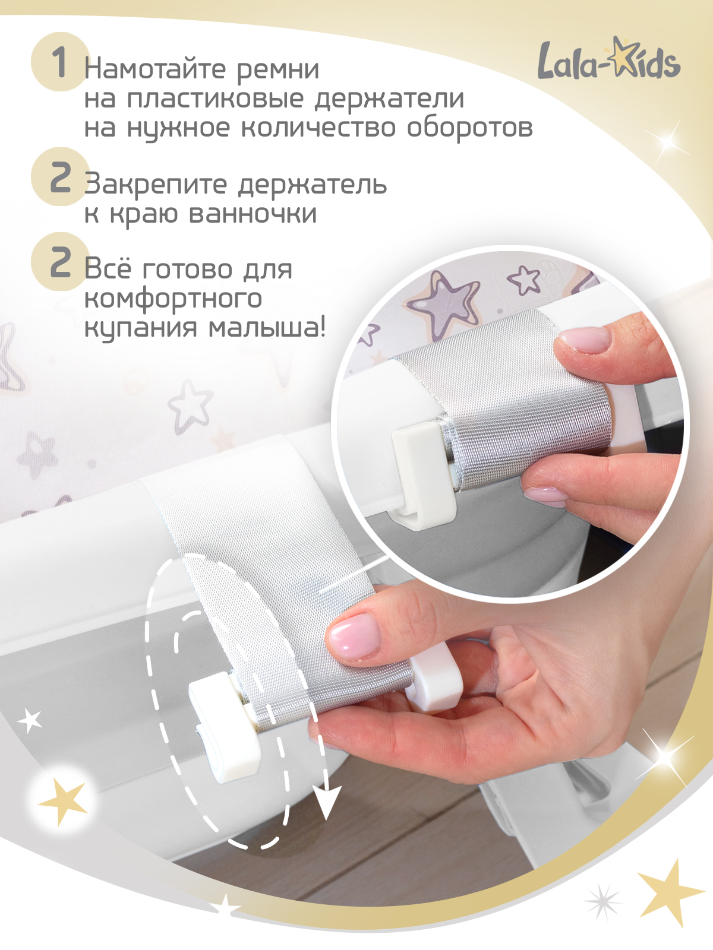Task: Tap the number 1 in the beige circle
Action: (x=59, y=62)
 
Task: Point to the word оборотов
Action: (x=469, y=128)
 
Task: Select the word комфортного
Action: (x=173, y=298)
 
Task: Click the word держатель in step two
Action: (x=312, y=185)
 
